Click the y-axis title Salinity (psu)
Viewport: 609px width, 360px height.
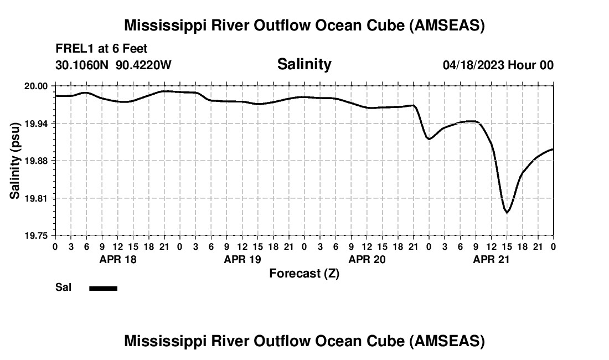point(15,161)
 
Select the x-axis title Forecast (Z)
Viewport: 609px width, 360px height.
point(304,273)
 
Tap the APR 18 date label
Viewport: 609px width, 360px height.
point(117,259)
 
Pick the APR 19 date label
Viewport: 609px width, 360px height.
point(242,259)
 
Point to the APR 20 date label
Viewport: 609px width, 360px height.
point(367,259)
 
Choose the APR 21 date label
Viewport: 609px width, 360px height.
point(491,259)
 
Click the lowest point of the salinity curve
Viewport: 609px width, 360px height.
point(507,212)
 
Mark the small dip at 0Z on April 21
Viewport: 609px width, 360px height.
point(429,138)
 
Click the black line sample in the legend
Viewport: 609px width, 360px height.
point(104,288)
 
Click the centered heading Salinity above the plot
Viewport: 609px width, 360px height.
point(304,64)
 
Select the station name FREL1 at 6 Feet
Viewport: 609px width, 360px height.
point(101,49)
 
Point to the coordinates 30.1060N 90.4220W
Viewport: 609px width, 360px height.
point(113,65)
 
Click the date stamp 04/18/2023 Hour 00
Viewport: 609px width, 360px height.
point(498,65)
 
